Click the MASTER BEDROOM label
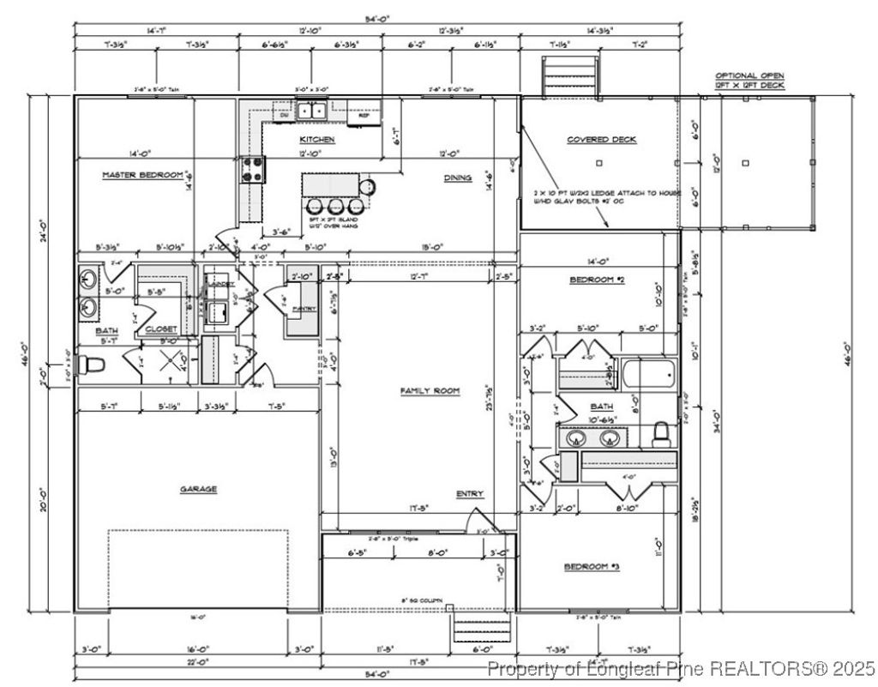143,175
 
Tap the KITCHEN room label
316,139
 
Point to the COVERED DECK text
601,140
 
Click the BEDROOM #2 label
596,280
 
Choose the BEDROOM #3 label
591,567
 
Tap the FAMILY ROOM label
430,391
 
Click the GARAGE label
198,489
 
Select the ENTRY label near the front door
470,494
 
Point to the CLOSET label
160,328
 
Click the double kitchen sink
310,110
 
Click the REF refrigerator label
363,113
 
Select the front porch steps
480,628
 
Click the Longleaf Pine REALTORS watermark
681,667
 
